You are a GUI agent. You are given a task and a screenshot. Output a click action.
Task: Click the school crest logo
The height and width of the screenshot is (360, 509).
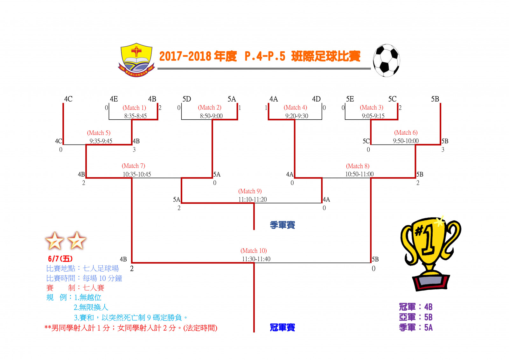coord(136,60)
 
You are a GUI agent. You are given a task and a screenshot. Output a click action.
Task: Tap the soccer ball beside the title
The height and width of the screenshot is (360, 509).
coord(386,60)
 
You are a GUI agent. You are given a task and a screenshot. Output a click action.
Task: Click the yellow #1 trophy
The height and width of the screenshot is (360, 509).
coord(431,253)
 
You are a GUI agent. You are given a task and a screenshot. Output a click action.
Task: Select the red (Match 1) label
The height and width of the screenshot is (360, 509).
coord(134,108)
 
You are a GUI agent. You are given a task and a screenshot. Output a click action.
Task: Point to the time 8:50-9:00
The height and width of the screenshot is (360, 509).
coord(211,116)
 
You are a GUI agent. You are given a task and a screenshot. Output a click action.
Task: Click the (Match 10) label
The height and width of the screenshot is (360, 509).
coord(254,251)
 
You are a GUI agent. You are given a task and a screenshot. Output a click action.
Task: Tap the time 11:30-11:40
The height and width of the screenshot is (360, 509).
coord(256,259)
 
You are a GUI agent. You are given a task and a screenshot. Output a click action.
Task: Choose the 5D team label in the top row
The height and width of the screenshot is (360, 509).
coord(187,99)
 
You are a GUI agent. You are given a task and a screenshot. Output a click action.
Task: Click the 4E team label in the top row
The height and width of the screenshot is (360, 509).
coord(114,99)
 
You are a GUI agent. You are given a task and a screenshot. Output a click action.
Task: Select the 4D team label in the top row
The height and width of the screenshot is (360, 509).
coord(316,99)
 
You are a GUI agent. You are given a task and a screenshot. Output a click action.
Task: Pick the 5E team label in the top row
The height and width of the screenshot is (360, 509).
coord(350,99)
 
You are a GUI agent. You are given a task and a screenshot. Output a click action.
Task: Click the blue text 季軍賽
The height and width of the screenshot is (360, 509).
coord(282,225)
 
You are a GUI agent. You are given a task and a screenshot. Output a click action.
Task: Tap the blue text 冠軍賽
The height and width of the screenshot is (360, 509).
coord(282,328)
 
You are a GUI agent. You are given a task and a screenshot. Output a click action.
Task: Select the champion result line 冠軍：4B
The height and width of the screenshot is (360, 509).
coord(416,307)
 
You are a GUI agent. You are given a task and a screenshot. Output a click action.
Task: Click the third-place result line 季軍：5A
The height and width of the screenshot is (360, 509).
coord(416,328)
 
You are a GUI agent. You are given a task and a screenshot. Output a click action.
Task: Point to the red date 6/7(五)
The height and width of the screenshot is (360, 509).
coord(60,259)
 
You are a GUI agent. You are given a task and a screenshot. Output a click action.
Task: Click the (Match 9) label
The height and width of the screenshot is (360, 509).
coord(250,191)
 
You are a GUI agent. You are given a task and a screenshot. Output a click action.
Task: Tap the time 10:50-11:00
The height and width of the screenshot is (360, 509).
coord(359,174)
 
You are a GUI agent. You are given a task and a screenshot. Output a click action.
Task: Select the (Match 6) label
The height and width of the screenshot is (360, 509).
coord(406,133)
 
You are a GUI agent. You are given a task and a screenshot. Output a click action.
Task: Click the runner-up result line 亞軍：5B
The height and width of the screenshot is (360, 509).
coord(416,317)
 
